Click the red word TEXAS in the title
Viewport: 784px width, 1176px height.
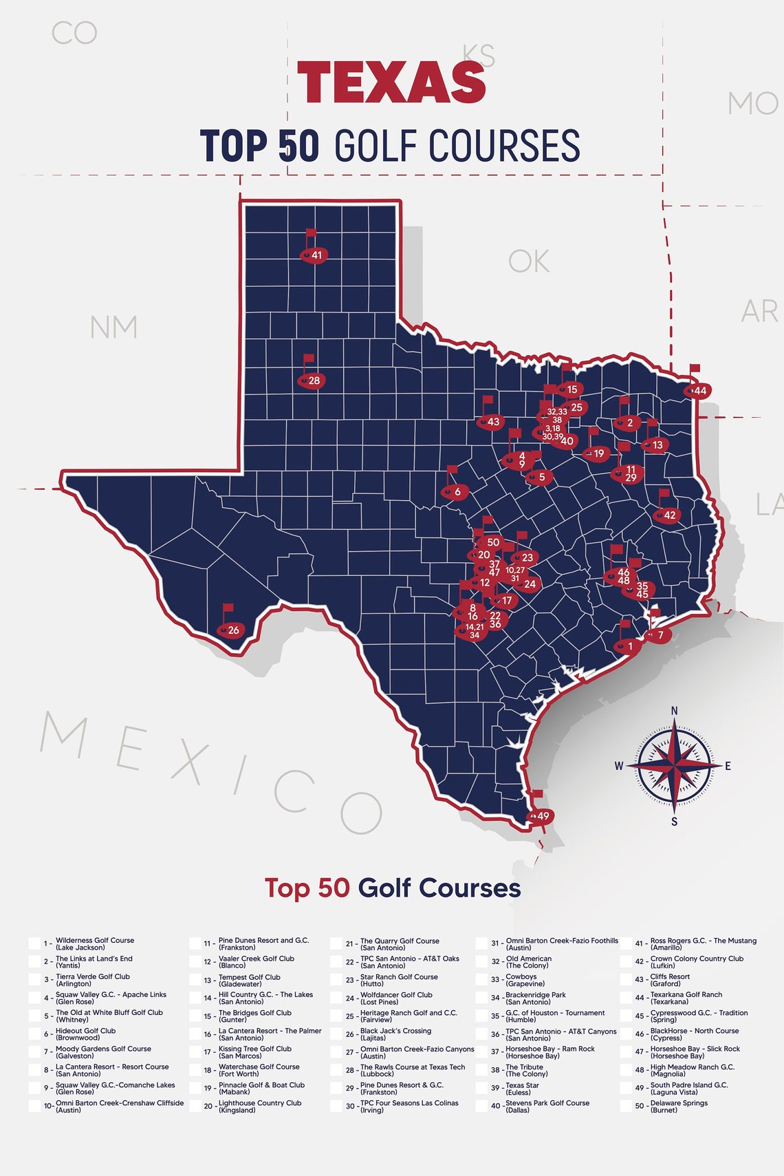[391, 82]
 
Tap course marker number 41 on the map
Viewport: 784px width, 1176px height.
[314, 255]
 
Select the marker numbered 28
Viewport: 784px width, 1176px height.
[312, 380]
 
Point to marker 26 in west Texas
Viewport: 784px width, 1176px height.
[231, 630]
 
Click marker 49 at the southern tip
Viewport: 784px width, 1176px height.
[541, 816]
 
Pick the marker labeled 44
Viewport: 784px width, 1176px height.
[698, 390]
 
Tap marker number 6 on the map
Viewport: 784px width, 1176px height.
[455, 491]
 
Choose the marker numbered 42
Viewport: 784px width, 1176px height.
[667, 515]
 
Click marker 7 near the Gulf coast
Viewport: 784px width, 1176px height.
[658, 635]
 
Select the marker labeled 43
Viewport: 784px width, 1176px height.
[491, 422]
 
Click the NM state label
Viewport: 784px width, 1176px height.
[113, 327]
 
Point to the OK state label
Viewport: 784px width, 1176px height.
[529, 261]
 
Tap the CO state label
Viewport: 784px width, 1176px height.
[74, 33]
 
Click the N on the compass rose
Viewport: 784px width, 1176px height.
[674, 711]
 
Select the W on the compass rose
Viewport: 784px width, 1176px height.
[619, 766]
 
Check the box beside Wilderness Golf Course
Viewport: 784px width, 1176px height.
[34, 943]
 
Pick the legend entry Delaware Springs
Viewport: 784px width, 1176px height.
[679, 1106]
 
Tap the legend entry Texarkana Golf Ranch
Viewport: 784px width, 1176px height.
[686, 998]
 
